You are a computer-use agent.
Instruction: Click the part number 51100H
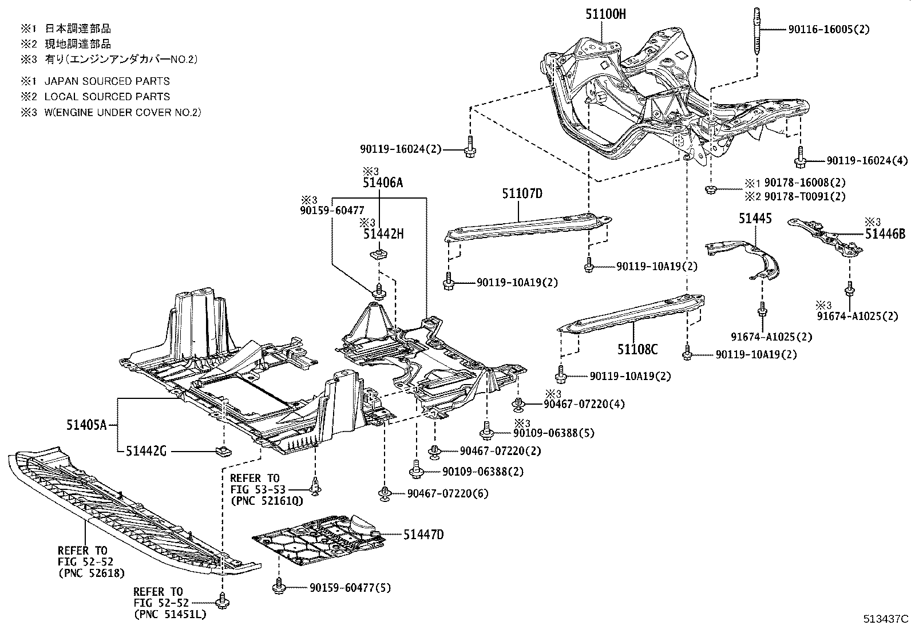point(605,14)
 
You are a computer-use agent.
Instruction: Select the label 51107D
point(522,193)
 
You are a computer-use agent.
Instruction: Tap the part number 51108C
point(637,349)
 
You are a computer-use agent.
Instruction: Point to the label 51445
point(755,219)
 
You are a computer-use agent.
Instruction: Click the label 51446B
point(885,234)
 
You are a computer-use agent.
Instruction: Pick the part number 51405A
point(86,426)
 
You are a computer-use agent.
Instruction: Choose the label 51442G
point(146,451)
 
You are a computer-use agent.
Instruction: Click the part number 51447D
point(423,535)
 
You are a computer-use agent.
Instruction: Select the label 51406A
point(383,183)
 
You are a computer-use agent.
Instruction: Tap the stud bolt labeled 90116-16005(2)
point(757,31)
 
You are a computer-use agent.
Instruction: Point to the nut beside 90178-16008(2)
point(710,189)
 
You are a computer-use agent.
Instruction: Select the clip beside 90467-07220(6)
point(385,493)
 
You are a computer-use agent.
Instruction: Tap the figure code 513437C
point(886,619)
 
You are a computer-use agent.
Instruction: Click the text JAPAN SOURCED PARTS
point(107,81)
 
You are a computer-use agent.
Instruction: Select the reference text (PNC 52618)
point(92,573)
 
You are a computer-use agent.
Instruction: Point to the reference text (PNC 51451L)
point(170,614)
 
